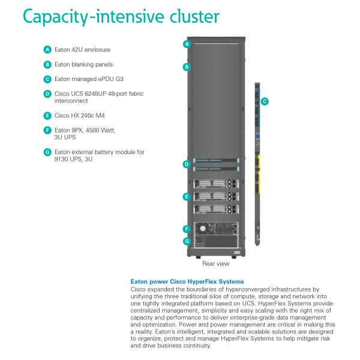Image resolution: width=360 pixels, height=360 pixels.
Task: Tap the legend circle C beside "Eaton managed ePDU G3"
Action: (47, 79)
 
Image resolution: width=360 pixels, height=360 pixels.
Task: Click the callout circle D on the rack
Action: (187, 164)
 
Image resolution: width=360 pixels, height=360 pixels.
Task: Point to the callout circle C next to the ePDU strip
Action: (265, 101)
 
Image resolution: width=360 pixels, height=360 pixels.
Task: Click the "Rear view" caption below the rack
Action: (215, 263)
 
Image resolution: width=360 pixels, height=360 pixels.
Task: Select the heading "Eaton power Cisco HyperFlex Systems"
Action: (187, 281)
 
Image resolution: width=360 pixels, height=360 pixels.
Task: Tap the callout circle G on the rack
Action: (187, 241)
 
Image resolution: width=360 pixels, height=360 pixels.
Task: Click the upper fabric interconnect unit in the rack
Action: (215, 161)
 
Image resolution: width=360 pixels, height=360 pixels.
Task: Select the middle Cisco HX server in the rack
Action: (215, 196)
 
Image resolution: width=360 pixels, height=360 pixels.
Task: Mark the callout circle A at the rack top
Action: (187, 44)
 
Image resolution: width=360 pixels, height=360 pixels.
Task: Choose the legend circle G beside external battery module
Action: (47, 152)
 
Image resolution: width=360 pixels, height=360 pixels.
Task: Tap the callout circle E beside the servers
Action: (187, 196)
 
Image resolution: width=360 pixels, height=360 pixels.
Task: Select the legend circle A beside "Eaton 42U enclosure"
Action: (47, 49)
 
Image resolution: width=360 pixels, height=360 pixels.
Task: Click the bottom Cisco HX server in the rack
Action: (215, 209)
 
